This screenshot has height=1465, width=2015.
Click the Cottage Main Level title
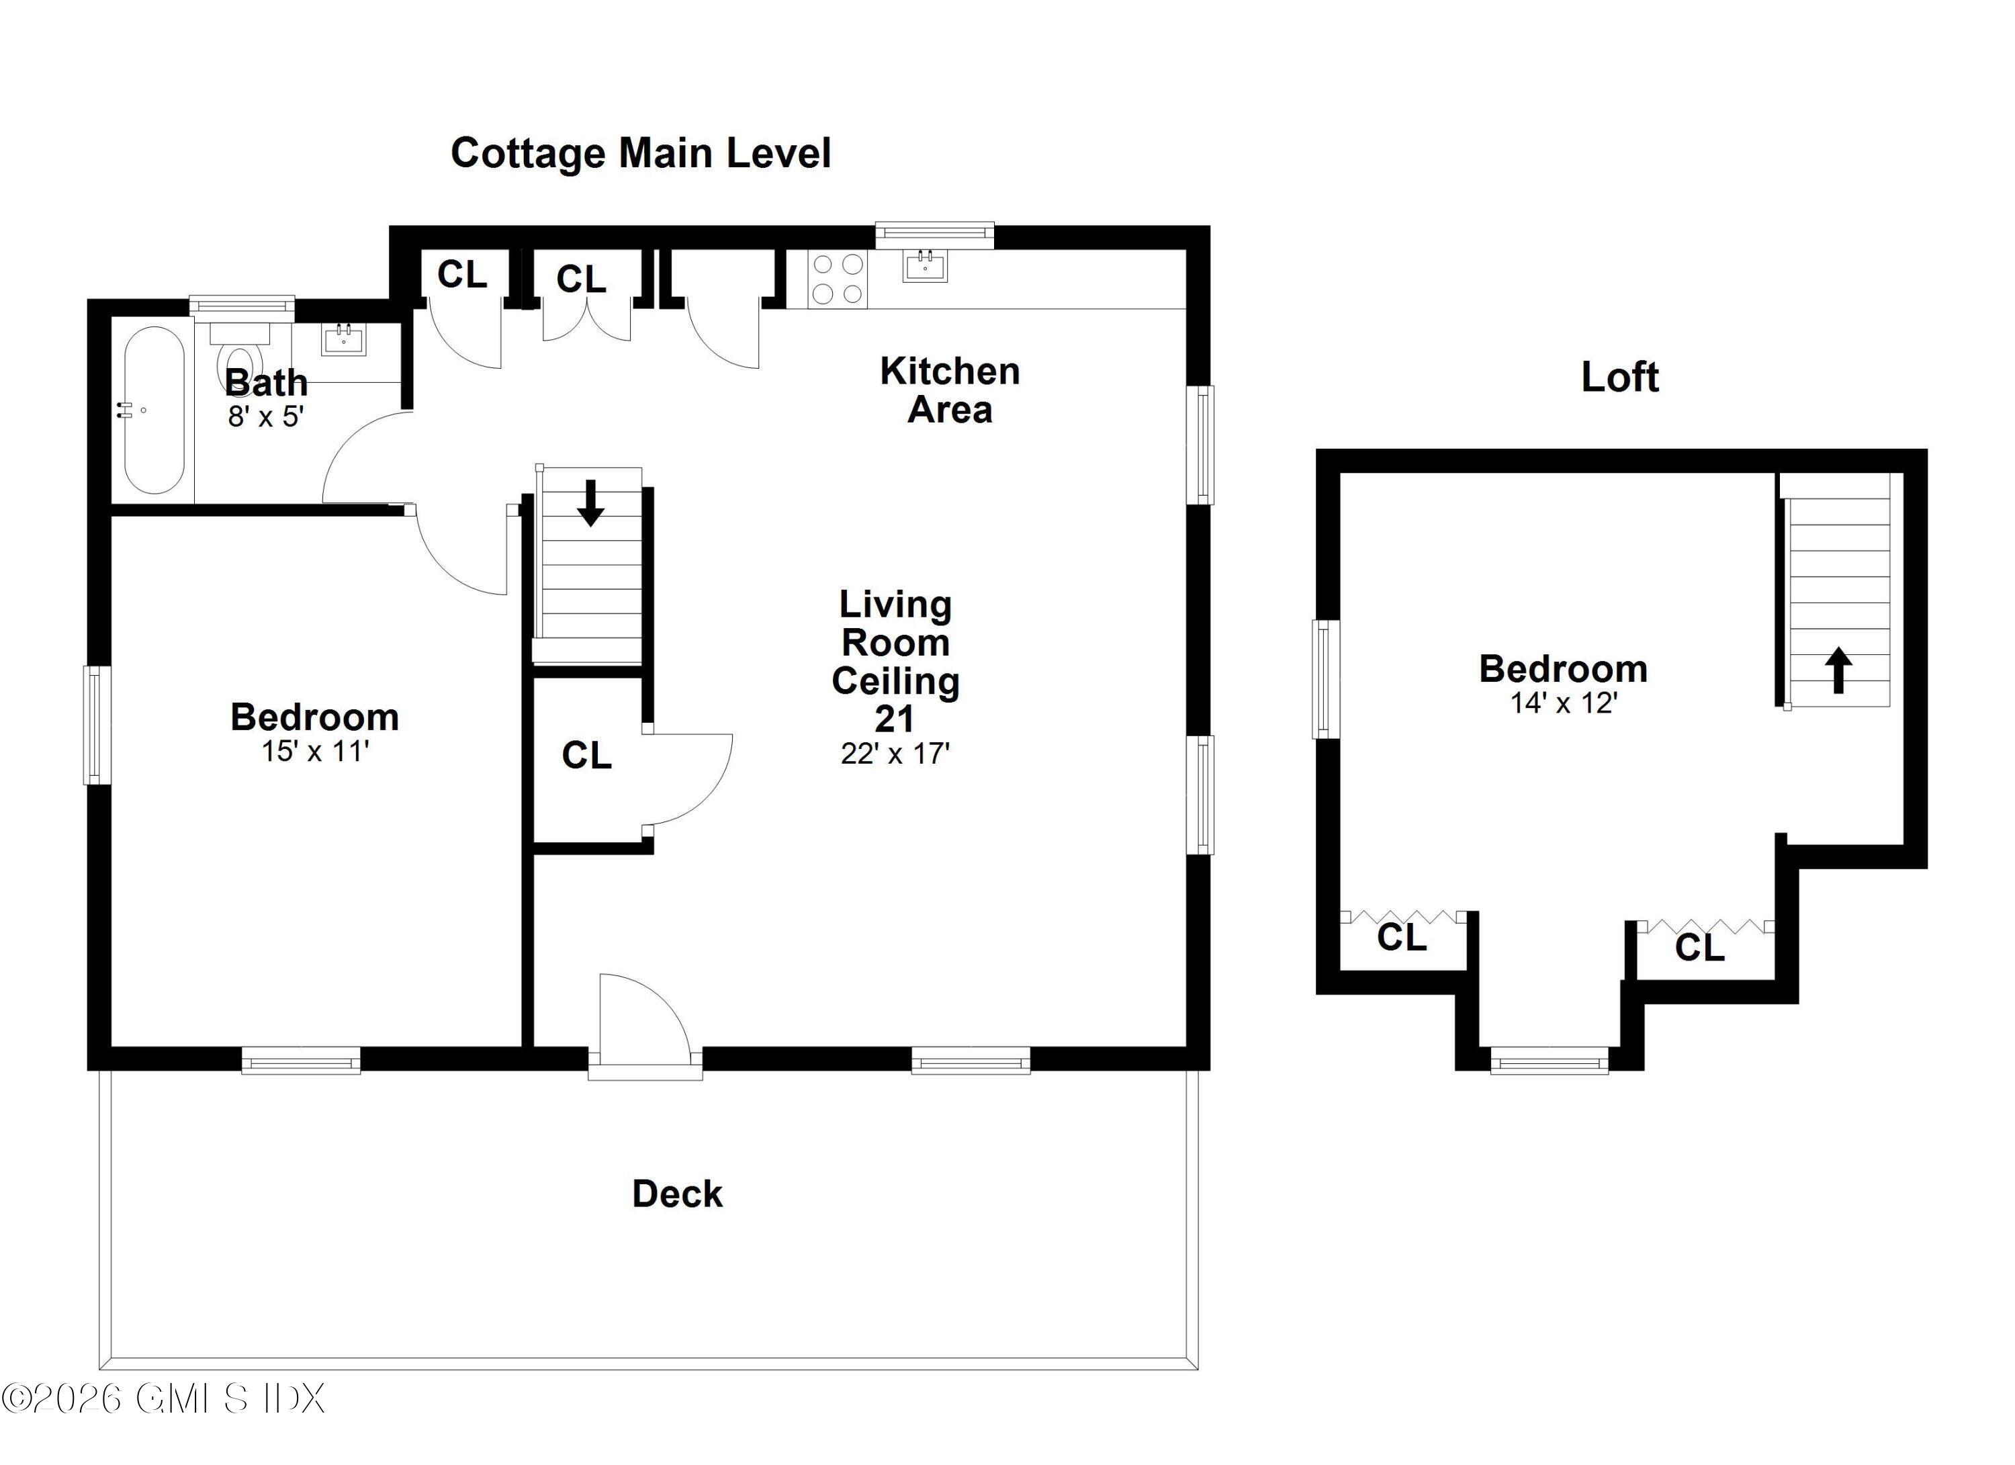641,152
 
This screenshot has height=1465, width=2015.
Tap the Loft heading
1619,378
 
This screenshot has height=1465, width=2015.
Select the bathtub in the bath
154,410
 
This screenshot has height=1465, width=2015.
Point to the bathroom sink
343,339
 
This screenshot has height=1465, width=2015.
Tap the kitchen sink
925,265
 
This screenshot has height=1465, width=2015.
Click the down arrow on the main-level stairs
590,503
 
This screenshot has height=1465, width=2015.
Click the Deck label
677,1194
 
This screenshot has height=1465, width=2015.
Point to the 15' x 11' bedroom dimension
314,752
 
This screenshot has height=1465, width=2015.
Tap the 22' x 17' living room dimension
895,754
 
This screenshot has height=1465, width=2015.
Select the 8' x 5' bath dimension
266,416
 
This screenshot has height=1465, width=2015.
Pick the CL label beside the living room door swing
586,755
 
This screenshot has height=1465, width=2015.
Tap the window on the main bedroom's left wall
97,725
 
